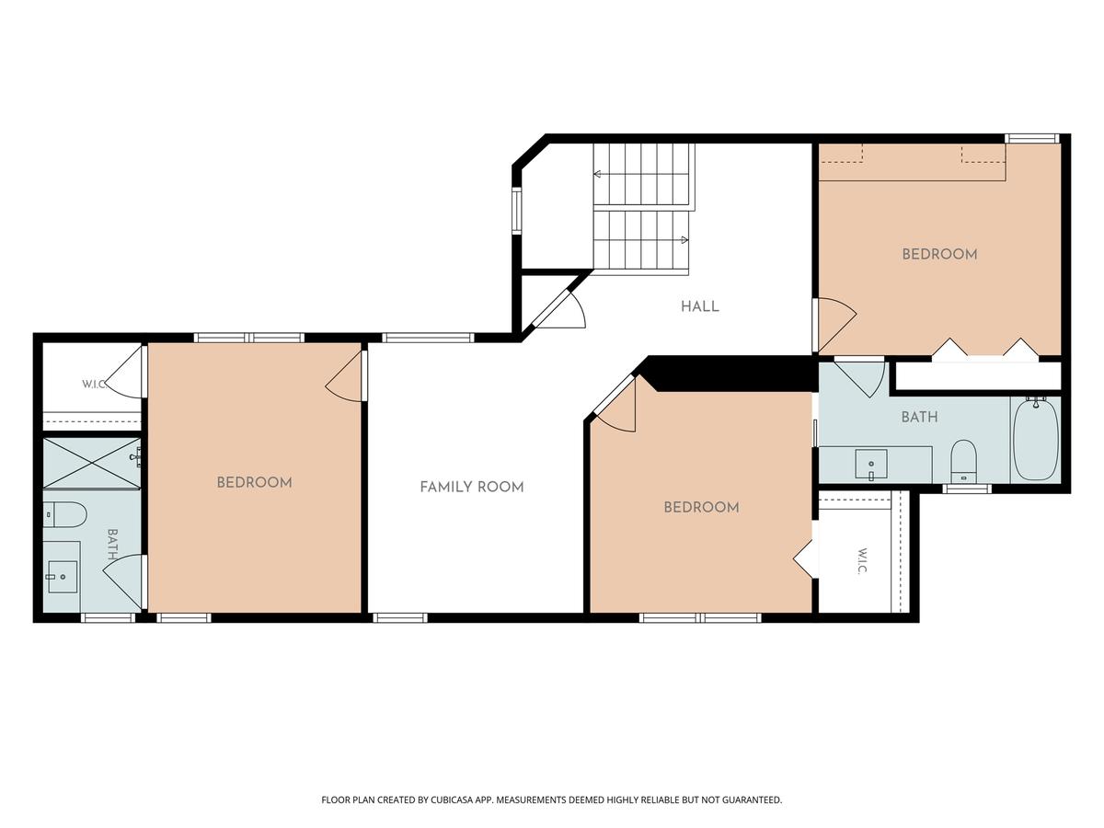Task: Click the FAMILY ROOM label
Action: (x=471, y=487)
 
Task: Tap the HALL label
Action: (x=699, y=306)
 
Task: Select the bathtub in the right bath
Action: (x=1035, y=439)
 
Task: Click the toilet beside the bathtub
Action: (x=963, y=461)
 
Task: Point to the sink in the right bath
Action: (x=870, y=464)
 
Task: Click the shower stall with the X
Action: (x=91, y=463)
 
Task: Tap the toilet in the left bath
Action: (x=65, y=513)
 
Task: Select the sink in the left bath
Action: (x=63, y=577)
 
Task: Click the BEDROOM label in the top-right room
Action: (x=939, y=255)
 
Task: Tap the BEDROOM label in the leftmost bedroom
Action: (x=254, y=483)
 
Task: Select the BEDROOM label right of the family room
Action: (x=701, y=507)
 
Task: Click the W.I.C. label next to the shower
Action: (x=94, y=385)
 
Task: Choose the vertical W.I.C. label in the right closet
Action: (x=861, y=560)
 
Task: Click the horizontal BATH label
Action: (x=919, y=417)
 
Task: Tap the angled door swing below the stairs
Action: (x=558, y=310)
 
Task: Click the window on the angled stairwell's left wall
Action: (x=516, y=211)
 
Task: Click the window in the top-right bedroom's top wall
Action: (x=1031, y=138)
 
